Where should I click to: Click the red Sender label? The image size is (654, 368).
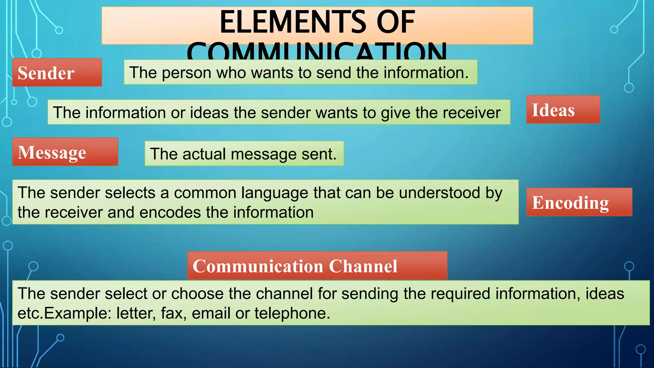click(57, 73)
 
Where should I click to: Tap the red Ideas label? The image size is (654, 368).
click(563, 110)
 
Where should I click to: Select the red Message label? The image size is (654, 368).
click(65, 152)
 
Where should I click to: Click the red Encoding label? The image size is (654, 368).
click(579, 202)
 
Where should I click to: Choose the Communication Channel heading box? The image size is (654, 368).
click(317, 266)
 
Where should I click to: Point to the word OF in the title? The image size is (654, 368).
click(396, 22)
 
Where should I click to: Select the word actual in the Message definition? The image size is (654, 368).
click(204, 154)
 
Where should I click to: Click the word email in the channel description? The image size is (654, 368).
click(211, 313)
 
